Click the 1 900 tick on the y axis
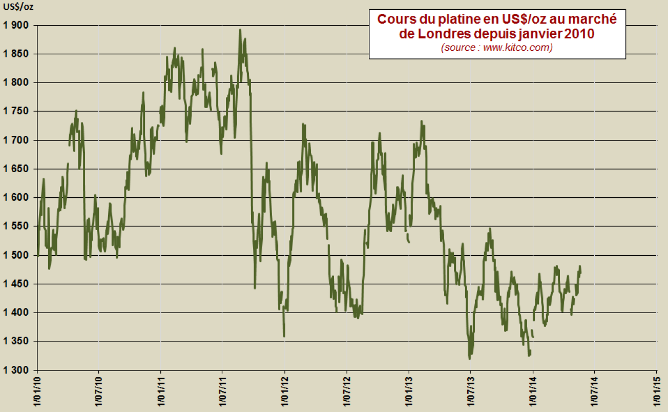[x=16, y=25]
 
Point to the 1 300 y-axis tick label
[x=16, y=370]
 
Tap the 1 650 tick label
[x=16, y=169]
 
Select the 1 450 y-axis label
[x=16, y=284]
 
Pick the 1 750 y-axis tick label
[x=16, y=111]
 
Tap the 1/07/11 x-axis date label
[x=222, y=393]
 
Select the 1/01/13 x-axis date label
[x=408, y=393]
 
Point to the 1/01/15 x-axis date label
[x=656, y=393]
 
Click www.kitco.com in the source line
[x=517, y=48]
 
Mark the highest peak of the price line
[x=240, y=30]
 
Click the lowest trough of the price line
[x=470, y=358]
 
